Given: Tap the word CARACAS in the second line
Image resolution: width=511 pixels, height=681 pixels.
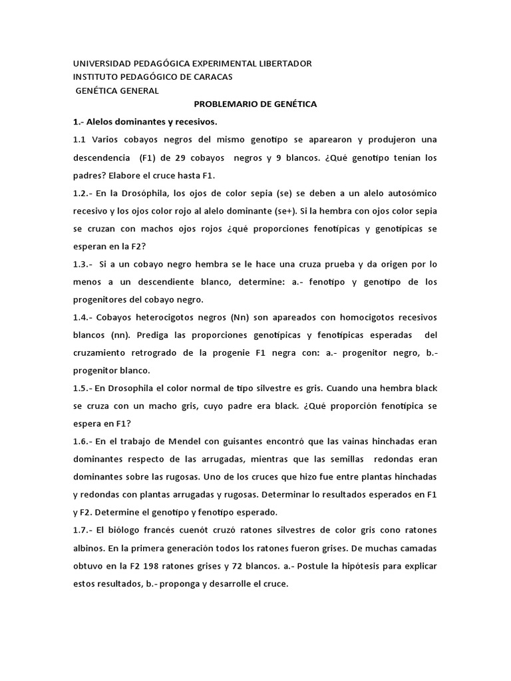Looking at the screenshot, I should pos(209,76).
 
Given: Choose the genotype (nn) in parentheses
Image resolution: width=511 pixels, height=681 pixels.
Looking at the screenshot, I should pos(126,335).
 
